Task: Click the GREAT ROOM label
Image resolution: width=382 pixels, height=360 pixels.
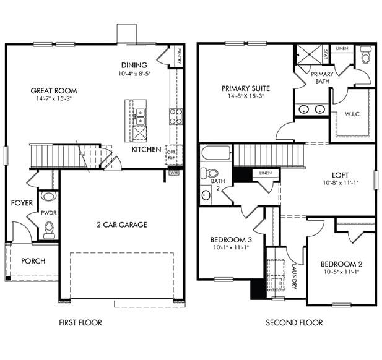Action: click(x=54, y=91)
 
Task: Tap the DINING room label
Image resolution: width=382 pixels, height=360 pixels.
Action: click(x=134, y=65)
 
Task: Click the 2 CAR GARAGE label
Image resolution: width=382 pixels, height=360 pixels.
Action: click(x=121, y=225)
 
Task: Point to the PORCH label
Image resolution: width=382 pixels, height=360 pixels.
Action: click(x=33, y=261)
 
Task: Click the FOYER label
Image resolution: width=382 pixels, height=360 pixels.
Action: click(x=22, y=203)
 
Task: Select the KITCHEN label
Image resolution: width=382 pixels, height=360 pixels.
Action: click(x=147, y=149)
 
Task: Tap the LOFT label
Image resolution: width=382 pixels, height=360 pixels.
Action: click(x=341, y=175)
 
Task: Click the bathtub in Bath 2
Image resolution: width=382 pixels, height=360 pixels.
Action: click(x=216, y=154)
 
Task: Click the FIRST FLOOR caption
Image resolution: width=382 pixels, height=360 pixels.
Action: click(x=80, y=322)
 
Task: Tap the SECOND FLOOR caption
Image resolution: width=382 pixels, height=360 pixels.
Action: click(x=294, y=322)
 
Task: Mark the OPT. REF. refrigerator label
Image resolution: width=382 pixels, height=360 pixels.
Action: click(x=171, y=155)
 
